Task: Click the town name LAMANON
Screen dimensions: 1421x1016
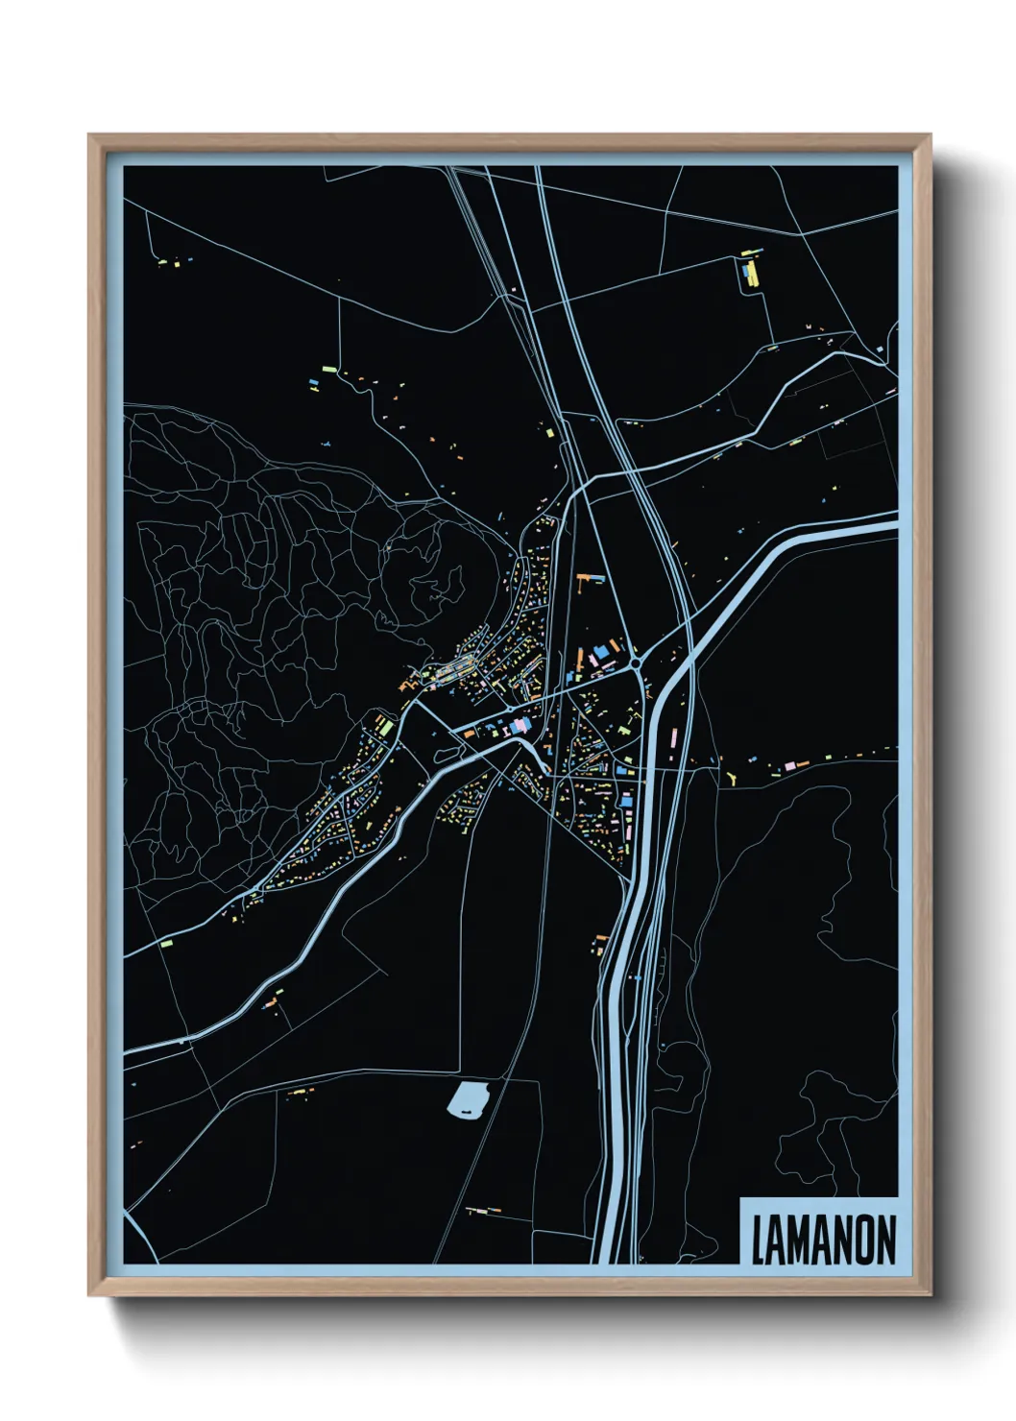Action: click(823, 1240)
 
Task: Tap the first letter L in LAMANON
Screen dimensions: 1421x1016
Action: click(758, 1240)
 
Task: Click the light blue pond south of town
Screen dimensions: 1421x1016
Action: click(469, 1097)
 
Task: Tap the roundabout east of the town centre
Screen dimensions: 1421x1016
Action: click(635, 662)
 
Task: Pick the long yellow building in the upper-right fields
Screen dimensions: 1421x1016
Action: click(752, 275)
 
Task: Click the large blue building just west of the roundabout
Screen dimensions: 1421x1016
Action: click(601, 653)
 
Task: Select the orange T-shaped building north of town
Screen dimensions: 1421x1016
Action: click(591, 578)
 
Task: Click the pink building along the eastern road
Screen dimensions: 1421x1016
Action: click(789, 765)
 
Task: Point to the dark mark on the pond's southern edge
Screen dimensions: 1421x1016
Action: click(468, 1111)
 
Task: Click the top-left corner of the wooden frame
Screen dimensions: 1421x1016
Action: click(89, 135)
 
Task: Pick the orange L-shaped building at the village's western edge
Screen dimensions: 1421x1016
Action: click(404, 686)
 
